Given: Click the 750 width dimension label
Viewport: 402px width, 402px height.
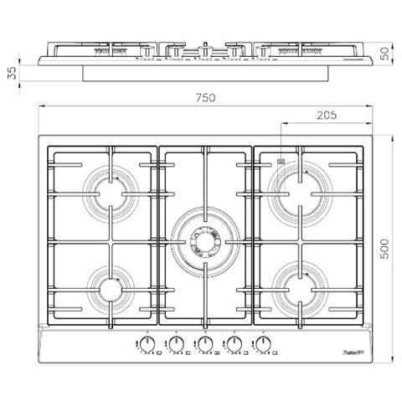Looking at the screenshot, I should (206, 97).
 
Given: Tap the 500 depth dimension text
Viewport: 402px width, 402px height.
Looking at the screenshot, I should (386, 245).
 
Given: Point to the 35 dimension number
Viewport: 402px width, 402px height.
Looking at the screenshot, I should (11, 75).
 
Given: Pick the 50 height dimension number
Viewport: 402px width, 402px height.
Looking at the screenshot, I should (386, 54).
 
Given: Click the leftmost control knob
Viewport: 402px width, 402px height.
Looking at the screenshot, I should (147, 344).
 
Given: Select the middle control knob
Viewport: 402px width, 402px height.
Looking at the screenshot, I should (204, 344).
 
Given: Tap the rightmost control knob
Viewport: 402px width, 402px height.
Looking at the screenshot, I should (264, 344).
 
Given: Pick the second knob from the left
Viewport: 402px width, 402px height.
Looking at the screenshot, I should (176, 344).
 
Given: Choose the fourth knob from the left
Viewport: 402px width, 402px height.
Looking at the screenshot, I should (234, 344).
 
